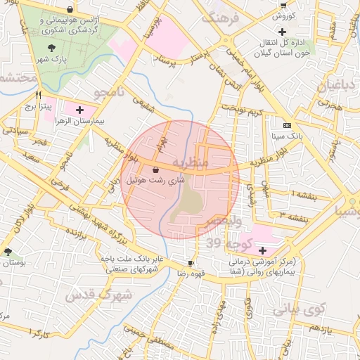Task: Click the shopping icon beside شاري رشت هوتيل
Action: pos(155,169)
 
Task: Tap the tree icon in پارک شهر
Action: pos(52,48)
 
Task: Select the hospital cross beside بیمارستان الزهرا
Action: pos(79,110)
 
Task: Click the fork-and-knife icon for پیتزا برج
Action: pos(39,95)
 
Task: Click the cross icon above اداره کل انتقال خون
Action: pos(282,32)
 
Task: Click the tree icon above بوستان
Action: pos(8,251)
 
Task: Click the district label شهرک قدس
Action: pos(98,296)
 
